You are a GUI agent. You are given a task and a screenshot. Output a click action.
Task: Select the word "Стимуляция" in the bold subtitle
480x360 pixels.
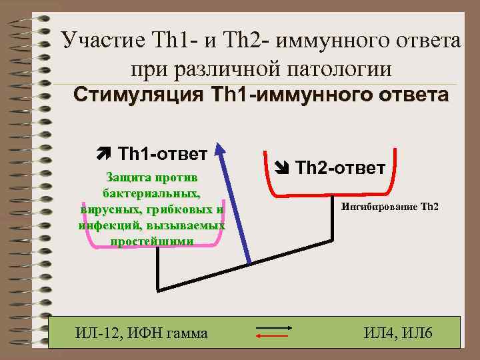click(133, 95)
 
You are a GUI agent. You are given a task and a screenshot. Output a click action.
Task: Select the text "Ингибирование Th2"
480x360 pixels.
click(390, 206)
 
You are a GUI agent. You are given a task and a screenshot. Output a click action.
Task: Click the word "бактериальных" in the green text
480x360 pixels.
click(151, 193)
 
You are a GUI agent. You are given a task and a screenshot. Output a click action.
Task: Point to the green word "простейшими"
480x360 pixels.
click(151, 241)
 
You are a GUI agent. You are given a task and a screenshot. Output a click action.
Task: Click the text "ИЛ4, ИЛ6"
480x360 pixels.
click(399, 332)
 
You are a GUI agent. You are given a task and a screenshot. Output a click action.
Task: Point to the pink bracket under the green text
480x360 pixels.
click(153, 248)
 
